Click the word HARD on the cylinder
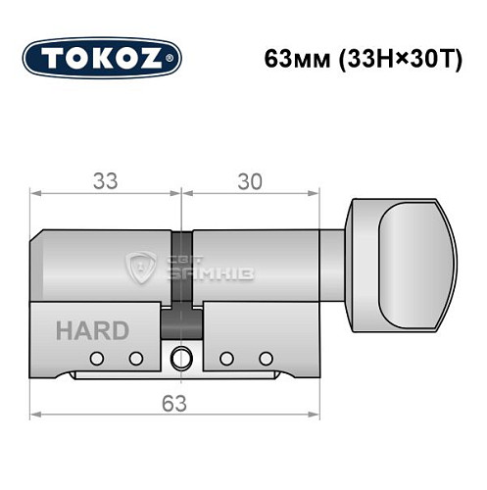click(91, 329)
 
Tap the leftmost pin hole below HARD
click(96, 358)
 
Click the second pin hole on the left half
click(136, 358)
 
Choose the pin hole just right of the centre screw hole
click(224, 358)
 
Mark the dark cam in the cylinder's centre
click(181, 274)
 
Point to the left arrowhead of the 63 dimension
click(36, 417)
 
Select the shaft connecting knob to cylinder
click(334, 260)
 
